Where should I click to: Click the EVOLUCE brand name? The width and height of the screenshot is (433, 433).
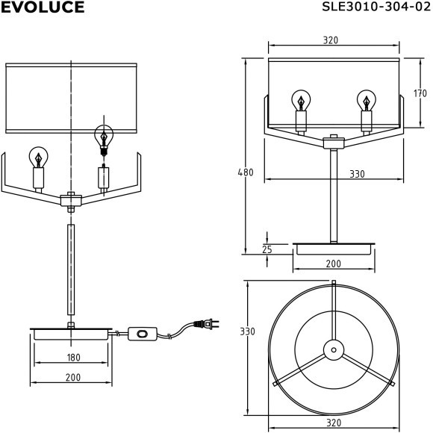43,7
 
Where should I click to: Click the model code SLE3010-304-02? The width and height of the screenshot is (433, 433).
376,7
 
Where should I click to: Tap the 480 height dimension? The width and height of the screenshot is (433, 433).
246,172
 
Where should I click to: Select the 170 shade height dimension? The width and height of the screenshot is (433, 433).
420,93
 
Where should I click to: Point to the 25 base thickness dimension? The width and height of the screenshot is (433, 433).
267,249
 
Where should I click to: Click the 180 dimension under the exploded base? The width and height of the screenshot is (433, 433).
73,358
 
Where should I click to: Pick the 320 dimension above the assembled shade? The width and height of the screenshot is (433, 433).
331,40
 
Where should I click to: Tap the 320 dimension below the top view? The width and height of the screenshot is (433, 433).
334,423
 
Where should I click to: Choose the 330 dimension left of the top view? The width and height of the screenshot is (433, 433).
247,331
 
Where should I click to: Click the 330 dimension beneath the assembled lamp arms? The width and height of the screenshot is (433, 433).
357,174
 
